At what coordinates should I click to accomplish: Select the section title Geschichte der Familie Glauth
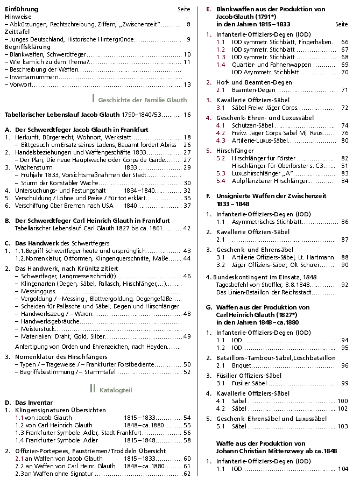tap(143, 100)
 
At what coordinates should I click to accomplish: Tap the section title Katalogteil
tap(116, 390)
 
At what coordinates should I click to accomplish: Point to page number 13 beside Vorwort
tap(187, 84)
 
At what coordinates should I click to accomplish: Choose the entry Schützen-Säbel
tap(253, 125)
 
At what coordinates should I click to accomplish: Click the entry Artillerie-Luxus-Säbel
tap(260, 140)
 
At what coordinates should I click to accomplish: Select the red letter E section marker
tap(209, 10)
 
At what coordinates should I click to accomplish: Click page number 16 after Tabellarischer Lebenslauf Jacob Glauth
tap(187, 115)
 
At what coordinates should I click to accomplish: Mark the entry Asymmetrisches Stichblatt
tap(266, 222)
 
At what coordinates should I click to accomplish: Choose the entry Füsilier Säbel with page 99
tap(250, 383)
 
